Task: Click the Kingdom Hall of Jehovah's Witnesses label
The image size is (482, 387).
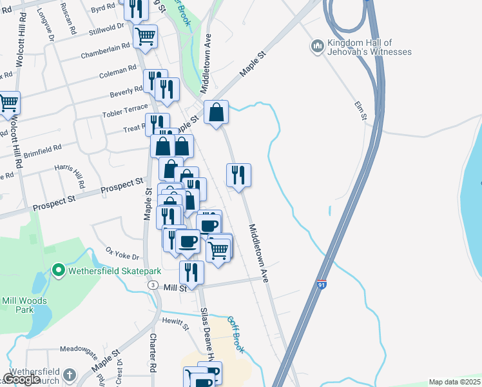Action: [x=369, y=47]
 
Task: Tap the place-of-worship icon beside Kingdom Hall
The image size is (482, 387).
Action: [x=316, y=46]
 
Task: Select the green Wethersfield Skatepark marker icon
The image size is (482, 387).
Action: [x=58, y=270]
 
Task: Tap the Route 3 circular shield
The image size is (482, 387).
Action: [x=152, y=284]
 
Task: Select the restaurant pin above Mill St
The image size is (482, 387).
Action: [x=191, y=271]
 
